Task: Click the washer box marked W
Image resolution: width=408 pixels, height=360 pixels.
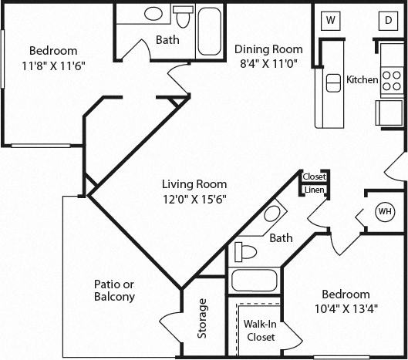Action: pyautogui.click(x=331, y=20)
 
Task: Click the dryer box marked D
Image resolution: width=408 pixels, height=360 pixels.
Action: pyautogui.click(x=386, y=20)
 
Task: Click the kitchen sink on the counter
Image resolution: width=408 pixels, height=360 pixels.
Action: pyautogui.click(x=333, y=82)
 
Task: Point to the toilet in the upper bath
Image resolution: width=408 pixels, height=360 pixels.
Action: pyautogui.click(x=183, y=15)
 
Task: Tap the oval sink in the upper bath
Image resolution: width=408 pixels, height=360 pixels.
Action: pyautogui.click(x=153, y=14)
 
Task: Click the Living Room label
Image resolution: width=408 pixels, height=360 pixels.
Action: pyautogui.click(x=194, y=184)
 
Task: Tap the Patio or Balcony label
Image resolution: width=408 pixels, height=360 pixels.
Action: pyautogui.click(x=114, y=290)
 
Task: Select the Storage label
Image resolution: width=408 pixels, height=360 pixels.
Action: pyautogui.click(x=202, y=318)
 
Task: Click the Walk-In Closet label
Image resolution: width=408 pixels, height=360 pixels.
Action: pyautogui.click(x=260, y=331)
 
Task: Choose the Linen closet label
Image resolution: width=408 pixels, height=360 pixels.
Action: pyautogui.click(x=314, y=190)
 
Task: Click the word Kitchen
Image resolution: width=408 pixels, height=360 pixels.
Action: pyautogui.click(x=362, y=79)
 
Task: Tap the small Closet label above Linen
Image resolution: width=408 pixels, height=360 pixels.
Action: pyautogui.click(x=314, y=177)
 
